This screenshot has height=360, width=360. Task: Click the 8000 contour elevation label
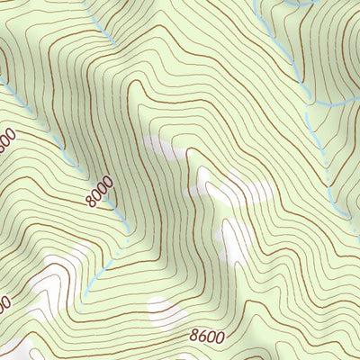point(101,192)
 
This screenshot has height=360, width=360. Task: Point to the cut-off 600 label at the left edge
point(5,141)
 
